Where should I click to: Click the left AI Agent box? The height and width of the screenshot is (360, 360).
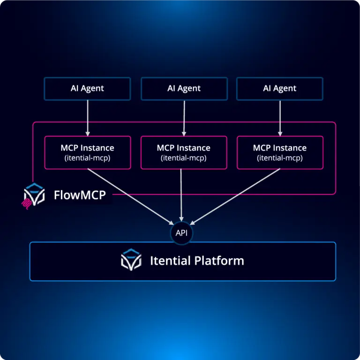[x=87, y=89]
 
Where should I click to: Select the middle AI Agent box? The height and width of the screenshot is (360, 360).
[x=184, y=89]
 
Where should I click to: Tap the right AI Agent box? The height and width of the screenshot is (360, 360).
[x=280, y=89]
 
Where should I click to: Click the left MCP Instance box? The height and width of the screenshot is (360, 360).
[x=87, y=152]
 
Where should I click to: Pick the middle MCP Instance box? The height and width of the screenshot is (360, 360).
[x=184, y=152]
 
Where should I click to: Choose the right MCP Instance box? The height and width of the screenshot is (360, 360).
[x=280, y=152]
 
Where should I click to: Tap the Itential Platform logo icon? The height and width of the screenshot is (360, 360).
[x=131, y=261]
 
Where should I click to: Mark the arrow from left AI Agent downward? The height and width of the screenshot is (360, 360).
[x=87, y=117]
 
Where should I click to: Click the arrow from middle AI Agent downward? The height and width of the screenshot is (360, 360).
[x=184, y=117]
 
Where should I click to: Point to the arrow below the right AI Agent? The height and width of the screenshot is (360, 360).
[x=280, y=117]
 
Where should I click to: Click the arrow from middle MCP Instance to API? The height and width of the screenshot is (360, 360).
[x=181, y=197]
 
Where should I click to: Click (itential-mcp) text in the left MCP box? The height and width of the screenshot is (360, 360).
[x=87, y=158]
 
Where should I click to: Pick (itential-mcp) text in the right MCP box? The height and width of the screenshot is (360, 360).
[x=280, y=158]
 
